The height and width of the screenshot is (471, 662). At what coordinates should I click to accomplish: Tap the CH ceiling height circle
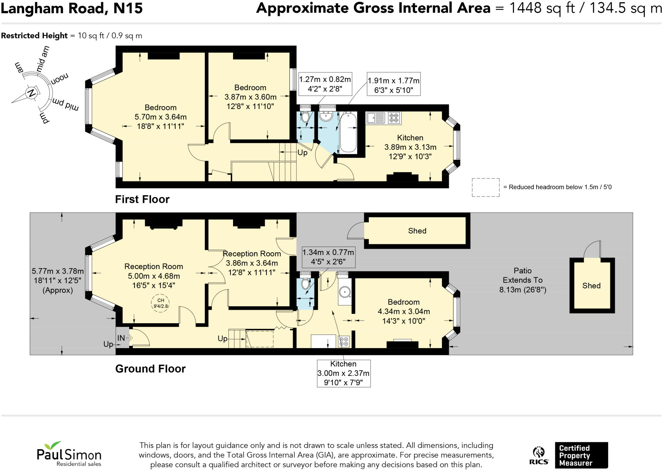pyautogui.click(x=161, y=303)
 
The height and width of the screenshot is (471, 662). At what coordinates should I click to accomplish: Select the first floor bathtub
pyautogui.click(x=348, y=132)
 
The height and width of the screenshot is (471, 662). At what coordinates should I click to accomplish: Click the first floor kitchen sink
pyautogui.click(x=376, y=118)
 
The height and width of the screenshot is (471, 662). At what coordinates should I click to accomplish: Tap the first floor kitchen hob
pyautogui.click(x=394, y=118)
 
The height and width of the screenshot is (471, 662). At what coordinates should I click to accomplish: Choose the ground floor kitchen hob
pyautogui.click(x=344, y=342)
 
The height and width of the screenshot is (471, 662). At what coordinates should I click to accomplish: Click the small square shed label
pyautogui.click(x=591, y=286)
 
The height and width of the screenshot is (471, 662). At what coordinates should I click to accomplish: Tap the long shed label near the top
pyautogui.click(x=417, y=231)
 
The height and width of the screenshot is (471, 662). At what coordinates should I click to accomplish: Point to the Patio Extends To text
pyautogui.click(x=523, y=275)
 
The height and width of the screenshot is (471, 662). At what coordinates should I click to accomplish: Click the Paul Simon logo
pyautogui.click(x=69, y=454)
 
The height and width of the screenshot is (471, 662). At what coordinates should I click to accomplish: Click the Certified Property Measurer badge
pyautogui.click(x=581, y=455)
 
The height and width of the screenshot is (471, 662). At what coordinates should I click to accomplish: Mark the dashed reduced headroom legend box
pyautogui.click(x=486, y=187)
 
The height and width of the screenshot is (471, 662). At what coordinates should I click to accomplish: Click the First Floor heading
pyautogui.click(x=142, y=199)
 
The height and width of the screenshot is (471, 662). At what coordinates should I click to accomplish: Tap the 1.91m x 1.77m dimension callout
pyautogui.click(x=393, y=84)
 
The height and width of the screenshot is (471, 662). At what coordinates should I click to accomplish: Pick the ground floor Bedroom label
pyautogui.click(x=404, y=302)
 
